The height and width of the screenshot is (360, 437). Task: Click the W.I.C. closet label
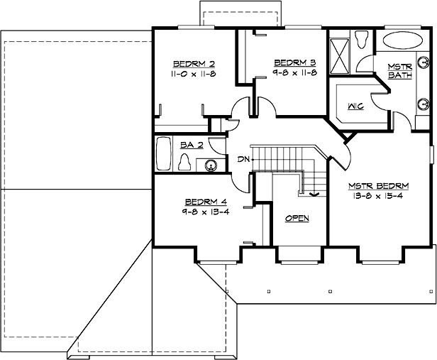[355, 107]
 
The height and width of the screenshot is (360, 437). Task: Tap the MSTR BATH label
[399, 71]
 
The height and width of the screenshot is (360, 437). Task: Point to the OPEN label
[297, 218]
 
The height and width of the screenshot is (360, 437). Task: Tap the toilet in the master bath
[360, 38]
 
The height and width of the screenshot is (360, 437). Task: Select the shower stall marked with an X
[339, 51]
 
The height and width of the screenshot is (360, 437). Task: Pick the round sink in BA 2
[210, 166]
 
